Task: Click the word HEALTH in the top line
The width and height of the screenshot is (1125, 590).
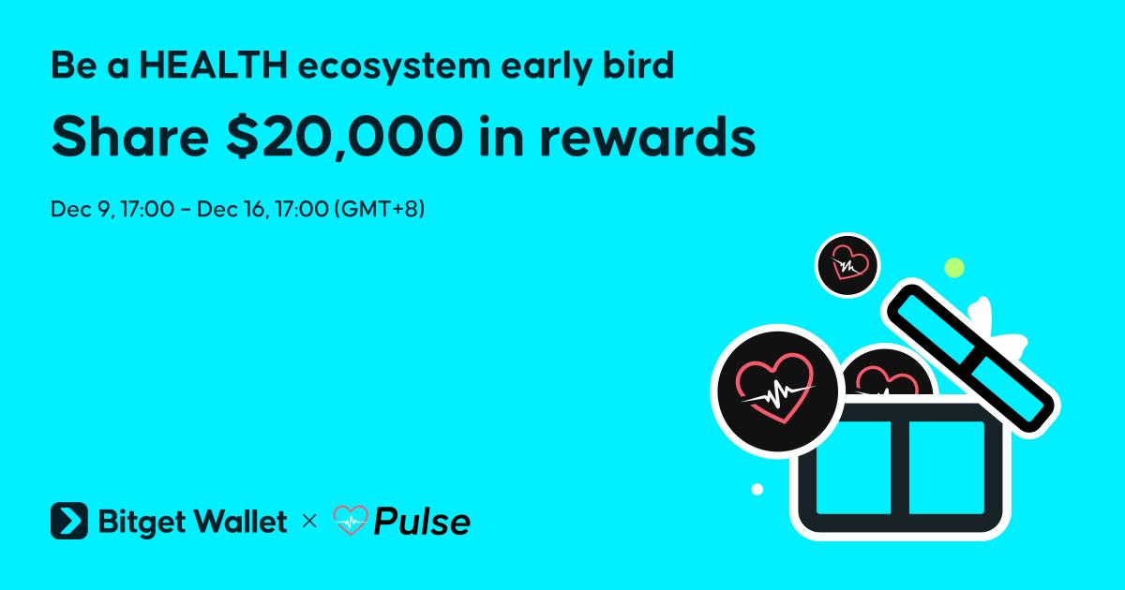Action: pyautogui.click(x=214, y=66)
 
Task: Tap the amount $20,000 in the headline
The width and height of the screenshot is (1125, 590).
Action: pyautogui.click(x=345, y=137)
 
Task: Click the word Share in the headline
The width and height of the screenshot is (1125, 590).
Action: pyautogui.click(x=130, y=137)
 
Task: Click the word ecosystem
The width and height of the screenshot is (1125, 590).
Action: pyautogui.click(x=395, y=67)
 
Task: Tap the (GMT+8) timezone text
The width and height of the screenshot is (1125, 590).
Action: pyautogui.click(x=380, y=209)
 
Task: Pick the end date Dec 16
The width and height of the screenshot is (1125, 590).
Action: pyautogui.click(x=231, y=209)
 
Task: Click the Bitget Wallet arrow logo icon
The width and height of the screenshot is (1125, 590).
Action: pyautogui.click(x=69, y=521)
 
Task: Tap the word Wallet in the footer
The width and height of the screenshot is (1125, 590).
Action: pyautogui.click(x=241, y=521)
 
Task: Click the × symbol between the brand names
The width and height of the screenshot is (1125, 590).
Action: pyautogui.click(x=310, y=522)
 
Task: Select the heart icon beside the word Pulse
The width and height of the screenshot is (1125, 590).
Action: pyautogui.click(x=351, y=520)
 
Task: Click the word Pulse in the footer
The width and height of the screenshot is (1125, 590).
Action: pyautogui.click(x=422, y=522)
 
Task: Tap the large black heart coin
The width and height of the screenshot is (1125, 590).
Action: pyautogui.click(x=777, y=391)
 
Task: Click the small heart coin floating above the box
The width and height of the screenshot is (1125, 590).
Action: pyautogui.click(x=847, y=265)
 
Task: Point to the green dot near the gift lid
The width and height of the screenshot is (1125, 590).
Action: pyautogui.click(x=954, y=268)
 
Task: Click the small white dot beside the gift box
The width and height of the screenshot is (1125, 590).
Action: pyautogui.click(x=757, y=489)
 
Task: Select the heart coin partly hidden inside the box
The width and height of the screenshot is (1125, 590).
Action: pyautogui.click(x=887, y=374)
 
